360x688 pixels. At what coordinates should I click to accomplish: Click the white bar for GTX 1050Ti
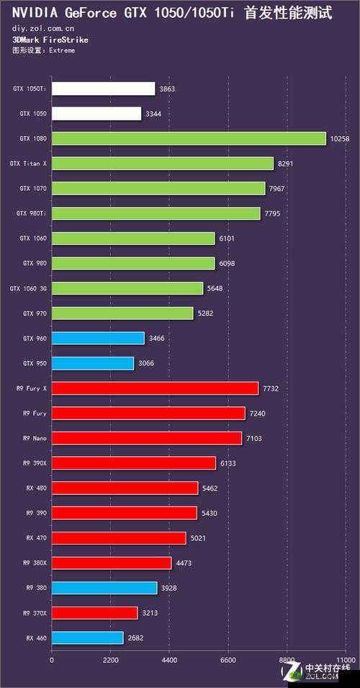[103, 89]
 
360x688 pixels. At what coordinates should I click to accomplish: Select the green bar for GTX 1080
[189, 138]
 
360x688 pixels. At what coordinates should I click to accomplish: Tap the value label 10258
[338, 138]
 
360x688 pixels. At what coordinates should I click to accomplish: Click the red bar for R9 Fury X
[155, 388]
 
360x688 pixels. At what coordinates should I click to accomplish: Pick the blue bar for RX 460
[87, 638]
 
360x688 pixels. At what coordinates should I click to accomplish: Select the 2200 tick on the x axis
[110, 659]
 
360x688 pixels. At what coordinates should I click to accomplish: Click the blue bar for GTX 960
[98, 338]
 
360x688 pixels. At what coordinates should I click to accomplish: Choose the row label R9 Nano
[35, 438]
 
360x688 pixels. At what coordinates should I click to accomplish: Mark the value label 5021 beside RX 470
[199, 538]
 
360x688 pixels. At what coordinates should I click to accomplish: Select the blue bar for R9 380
[104, 588]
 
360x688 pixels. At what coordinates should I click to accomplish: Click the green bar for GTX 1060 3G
[127, 288]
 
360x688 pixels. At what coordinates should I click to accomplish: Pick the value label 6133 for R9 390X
[228, 463]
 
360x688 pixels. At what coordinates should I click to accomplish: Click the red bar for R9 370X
[94, 613]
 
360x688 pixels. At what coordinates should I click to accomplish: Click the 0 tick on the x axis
[52, 659]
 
